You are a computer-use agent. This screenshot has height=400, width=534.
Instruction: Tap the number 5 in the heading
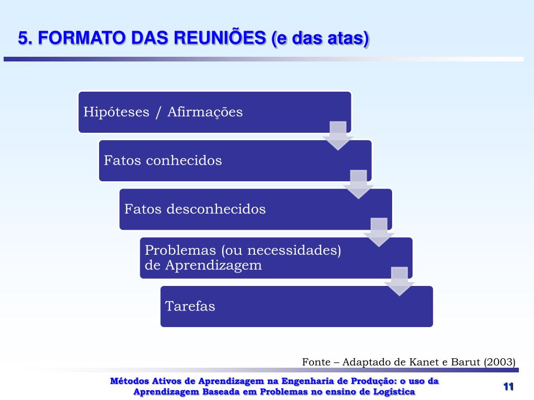click(x=22, y=38)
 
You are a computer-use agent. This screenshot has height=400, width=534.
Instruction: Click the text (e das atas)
click(x=320, y=38)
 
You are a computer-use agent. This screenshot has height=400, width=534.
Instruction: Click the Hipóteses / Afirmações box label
click(x=163, y=112)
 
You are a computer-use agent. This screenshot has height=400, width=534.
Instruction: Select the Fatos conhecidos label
click(x=163, y=160)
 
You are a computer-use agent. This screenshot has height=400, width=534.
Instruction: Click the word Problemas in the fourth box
click(x=180, y=251)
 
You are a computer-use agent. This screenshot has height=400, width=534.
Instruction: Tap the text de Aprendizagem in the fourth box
click(x=203, y=265)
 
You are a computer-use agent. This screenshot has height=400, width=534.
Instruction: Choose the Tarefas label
click(x=190, y=306)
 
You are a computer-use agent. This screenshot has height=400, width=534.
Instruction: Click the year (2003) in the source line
click(x=500, y=362)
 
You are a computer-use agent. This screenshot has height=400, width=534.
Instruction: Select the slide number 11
click(x=508, y=386)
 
